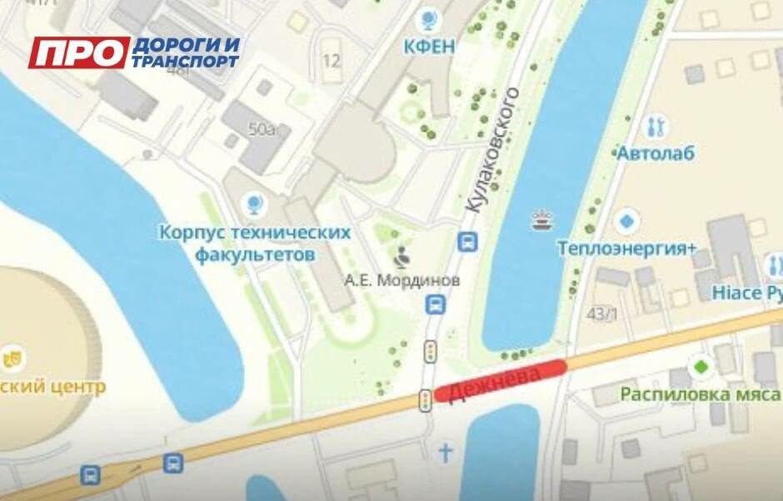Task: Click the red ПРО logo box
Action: pyautogui.click(x=79, y=53)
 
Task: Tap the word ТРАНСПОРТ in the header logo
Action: pyautogui.click(x=185, y=62)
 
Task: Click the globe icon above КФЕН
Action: pyautogui.click(x=430, y=17)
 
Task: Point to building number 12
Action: pyautogui.click(x=332, y=61)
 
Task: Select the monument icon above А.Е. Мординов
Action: pyautogui.click(x=402, y=255)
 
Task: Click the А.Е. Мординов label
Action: pyautogui.click(x=402, y=280)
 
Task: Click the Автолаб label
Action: pyautogui.click(x=656, y=154)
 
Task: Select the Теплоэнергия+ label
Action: pyautogui.click(x=627, y=248)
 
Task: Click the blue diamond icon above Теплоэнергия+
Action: pyautogui.click(x=626, y=222)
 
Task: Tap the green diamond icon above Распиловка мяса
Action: pyautogui.click(x=701, y=366)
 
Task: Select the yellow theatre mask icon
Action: pyautogui.click(x=13, y=359)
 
